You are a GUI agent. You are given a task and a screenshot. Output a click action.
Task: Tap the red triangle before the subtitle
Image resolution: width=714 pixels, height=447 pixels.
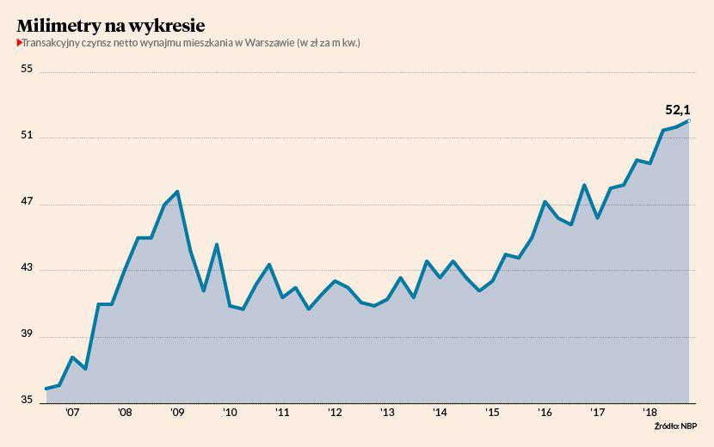tap(19, 42)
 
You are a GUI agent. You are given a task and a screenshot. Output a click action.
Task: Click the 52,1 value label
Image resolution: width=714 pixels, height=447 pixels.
tap(678, 110)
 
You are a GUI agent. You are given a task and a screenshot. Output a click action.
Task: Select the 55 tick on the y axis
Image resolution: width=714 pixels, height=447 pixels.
tap(27, 70)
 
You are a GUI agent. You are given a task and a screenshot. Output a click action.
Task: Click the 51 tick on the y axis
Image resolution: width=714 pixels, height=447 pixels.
tap(27, 136)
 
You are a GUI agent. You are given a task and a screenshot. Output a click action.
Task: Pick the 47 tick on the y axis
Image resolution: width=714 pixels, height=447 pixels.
tap(27, 202)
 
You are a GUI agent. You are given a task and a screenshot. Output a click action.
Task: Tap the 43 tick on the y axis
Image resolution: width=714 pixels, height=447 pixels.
tap(27, 268)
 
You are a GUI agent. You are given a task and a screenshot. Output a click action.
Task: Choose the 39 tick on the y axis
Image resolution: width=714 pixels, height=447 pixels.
tap(27, 334)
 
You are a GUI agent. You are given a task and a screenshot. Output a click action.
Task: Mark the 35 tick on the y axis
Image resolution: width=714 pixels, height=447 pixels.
tap(27, 401)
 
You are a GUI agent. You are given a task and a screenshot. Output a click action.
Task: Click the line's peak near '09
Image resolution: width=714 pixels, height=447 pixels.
tap(177, 192)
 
